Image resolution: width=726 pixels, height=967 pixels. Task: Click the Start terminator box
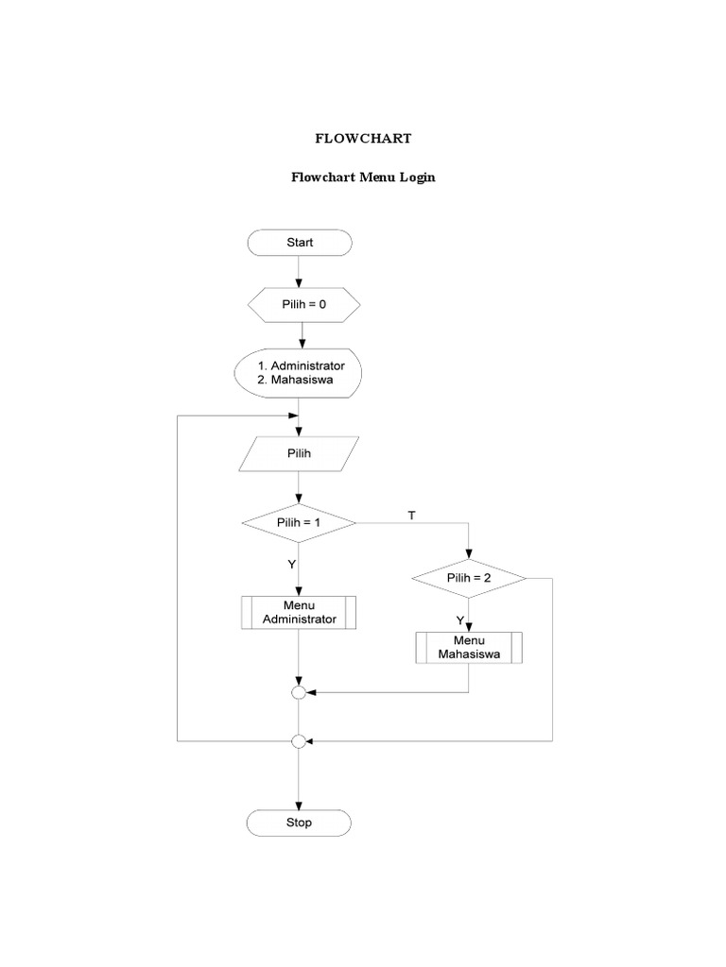299,243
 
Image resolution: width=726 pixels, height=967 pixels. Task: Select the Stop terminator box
299,823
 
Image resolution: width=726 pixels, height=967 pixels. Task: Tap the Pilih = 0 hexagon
302,305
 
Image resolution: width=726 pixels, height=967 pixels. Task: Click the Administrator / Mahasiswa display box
299,373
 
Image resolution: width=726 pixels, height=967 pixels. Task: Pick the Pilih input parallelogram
299,452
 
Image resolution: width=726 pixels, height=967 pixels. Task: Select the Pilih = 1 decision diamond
299,521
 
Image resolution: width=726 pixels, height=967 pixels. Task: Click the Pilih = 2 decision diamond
469,578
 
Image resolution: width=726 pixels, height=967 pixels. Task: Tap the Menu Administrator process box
299,612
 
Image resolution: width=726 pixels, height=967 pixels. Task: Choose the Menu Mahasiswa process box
469,647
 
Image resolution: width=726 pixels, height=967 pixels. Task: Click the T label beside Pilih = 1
411,515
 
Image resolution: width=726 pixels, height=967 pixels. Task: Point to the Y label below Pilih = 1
292,564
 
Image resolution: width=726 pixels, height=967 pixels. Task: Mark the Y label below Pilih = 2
460,620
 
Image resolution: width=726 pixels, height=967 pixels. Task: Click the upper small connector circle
299,692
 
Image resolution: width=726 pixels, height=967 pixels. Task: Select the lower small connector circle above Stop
299,741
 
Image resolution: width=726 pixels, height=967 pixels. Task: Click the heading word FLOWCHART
363,138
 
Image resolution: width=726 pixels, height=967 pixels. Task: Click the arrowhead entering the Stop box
299,805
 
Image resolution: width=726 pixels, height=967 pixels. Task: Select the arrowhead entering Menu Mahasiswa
469,628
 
